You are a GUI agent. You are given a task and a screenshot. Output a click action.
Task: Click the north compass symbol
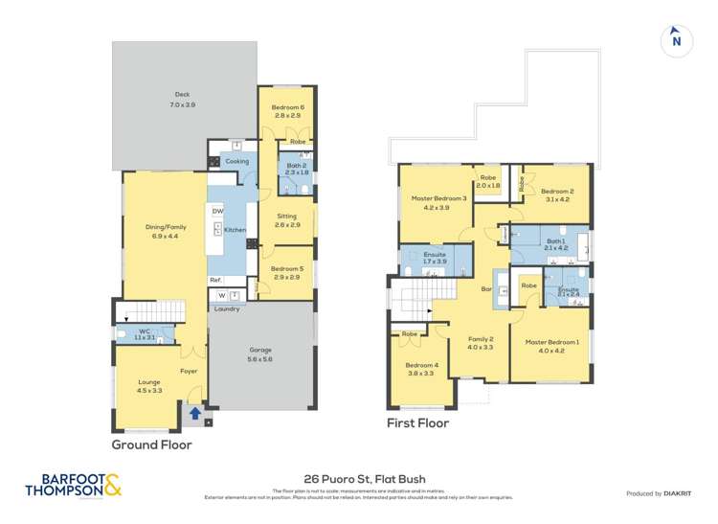676,40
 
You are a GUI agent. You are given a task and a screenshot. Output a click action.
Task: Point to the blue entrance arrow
195,414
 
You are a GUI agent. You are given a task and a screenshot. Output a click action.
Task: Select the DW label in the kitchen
217,211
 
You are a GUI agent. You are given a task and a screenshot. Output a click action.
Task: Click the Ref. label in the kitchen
215,280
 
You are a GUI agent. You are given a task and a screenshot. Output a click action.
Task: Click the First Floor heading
417,422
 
